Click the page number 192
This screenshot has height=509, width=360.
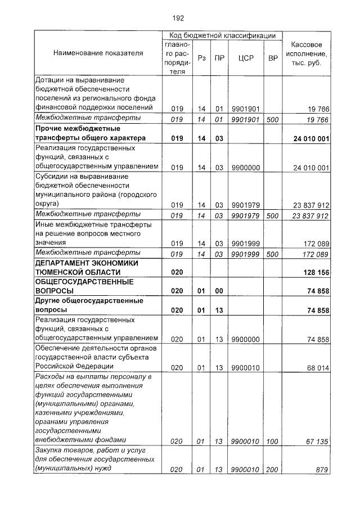pos(178,18)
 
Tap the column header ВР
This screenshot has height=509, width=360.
pos(273,58)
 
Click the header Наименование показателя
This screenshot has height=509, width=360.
pos(98,53)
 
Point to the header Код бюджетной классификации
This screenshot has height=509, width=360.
pos(222,35)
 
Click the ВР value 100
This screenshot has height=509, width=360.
pos(273,442)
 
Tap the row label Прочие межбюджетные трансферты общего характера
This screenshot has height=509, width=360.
pos(90,133)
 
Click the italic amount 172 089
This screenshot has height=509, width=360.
pos(315,254)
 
